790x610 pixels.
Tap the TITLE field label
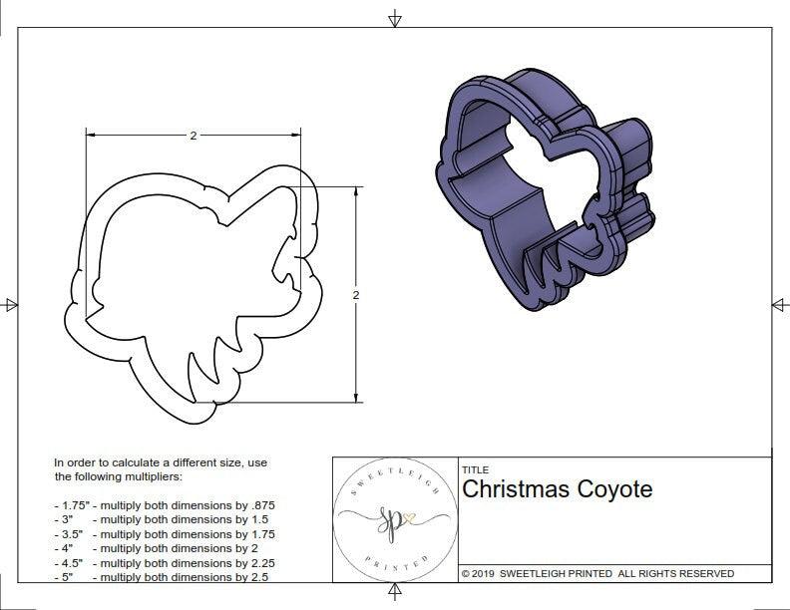click(x=474, y=470)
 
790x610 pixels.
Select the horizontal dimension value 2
click(x=193, y=136)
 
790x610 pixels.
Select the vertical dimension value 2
click(x=356, y=295)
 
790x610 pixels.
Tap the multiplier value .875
click(x=261, y=505)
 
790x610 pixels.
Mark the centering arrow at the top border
click(x=395, y=19)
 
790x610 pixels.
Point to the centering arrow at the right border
click(x=779, y=305)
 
